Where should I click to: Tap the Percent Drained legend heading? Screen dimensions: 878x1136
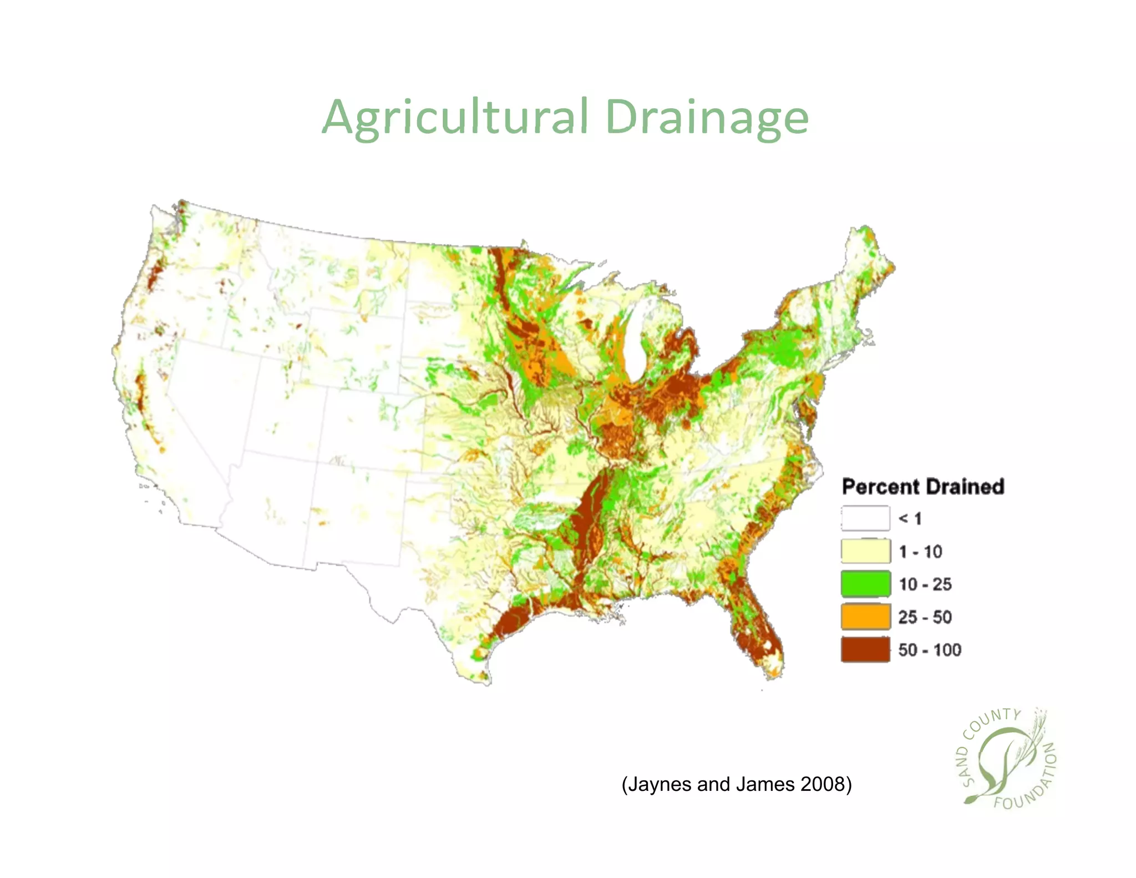coord(923,487)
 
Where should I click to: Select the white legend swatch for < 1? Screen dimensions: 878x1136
coord(865,518)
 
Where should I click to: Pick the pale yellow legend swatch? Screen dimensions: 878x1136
coord(865,551)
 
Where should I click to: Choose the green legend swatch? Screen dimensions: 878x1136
coord(865,584)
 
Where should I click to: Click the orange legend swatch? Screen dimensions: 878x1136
coord(865,617)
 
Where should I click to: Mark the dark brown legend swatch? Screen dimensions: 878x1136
coord(865,649)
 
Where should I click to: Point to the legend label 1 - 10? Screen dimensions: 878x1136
coord(921,552)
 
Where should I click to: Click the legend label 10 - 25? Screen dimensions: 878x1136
coord(925,584)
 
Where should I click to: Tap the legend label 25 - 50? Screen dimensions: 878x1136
coord(925,617)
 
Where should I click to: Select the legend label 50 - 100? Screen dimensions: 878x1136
coord(930,650)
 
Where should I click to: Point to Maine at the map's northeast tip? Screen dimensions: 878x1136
coord(865,261)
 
